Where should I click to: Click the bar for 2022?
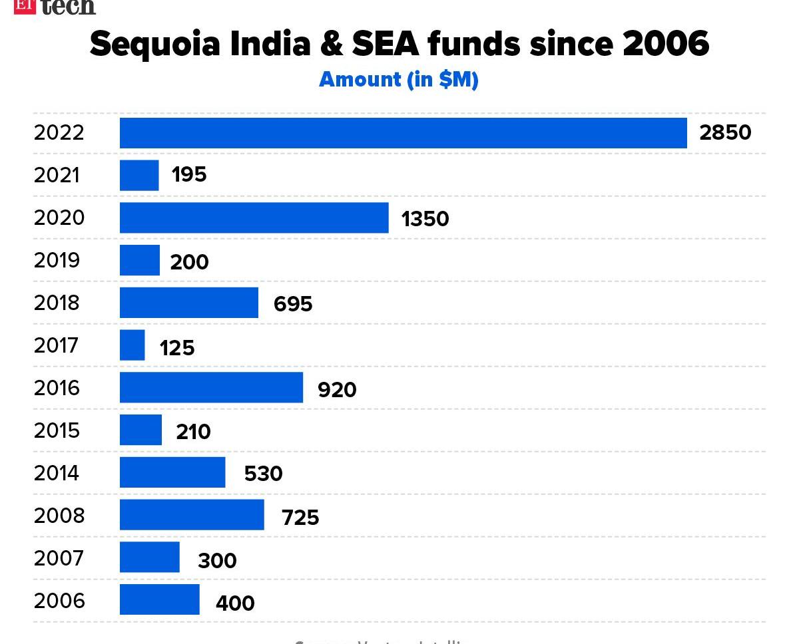click(x=403, y=132)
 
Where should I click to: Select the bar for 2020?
click(x=254, y=218)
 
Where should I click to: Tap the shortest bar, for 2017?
click(x=132, y=345)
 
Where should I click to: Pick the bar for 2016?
click(x=211, y=387)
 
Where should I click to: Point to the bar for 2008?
click(x=192, y=515)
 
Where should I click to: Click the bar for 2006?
click(x=159, y=599)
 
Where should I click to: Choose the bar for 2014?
click(x=172, y=472)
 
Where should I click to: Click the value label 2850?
click(x=725, y=132)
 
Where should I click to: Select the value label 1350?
click(x=425, y=218)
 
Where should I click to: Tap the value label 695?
click(x=293, y=303)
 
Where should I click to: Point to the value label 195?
click(x=189, y=175)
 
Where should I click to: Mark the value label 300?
click(x=217, y=561)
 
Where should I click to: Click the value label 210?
click(x=193, y=432)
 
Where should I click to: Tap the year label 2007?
click(x=59, y=558)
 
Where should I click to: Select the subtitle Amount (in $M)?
click(x=399, y=79)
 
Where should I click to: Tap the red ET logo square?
click(x=24, y=6)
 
